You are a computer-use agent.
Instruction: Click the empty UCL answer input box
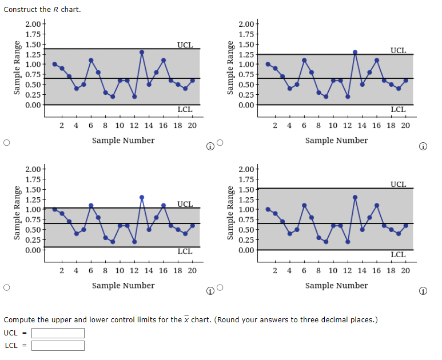58,333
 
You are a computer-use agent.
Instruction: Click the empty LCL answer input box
58,346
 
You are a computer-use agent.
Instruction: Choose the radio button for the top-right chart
220,143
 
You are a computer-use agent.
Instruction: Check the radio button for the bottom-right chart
220,289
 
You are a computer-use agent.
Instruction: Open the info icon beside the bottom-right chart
423,291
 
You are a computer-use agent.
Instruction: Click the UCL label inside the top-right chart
398,50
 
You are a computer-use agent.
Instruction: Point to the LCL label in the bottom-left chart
185,251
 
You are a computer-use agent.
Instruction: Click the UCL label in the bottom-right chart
398,184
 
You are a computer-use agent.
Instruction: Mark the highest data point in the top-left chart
142,52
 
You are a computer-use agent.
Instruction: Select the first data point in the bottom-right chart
268,209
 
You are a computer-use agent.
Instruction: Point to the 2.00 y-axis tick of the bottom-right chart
247,169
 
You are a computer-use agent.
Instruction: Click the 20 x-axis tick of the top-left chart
192,125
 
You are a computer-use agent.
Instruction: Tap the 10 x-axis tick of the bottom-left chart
120,270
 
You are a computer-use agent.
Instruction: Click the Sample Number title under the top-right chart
336,140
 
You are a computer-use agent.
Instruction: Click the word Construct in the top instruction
21,9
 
